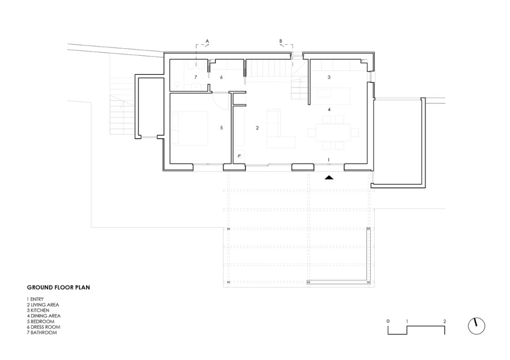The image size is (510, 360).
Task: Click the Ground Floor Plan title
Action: [x=58, y=287]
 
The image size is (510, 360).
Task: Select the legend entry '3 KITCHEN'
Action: [x=38, y=310]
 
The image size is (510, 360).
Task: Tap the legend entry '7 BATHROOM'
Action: [x=41, y=332]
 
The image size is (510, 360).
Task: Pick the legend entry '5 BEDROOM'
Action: [x=40, y=321]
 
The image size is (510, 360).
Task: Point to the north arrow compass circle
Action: [x=477, y=326]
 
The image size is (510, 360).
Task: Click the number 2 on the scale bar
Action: [x=444, y=321]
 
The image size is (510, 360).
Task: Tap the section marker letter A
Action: [x=207, y=41]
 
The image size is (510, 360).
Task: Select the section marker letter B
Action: [x=281, y=41]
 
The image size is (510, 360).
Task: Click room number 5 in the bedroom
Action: [x=222, y=128]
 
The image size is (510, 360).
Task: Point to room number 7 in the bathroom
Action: [x=195, y=77]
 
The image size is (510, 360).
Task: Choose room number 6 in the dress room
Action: [x=222, y=77]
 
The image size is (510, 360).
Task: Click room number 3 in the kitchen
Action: [x=329, y=77]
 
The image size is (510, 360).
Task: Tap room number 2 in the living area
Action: [x=257, y=128]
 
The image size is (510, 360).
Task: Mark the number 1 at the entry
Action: [x=329, y=160]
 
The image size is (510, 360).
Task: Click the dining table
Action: [x=333, y=132]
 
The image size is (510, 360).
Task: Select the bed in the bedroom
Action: [x=190, y=128]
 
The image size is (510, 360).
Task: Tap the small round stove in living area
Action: [x=240, y=156]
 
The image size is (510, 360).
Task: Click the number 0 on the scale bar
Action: [x=388, y=321]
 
